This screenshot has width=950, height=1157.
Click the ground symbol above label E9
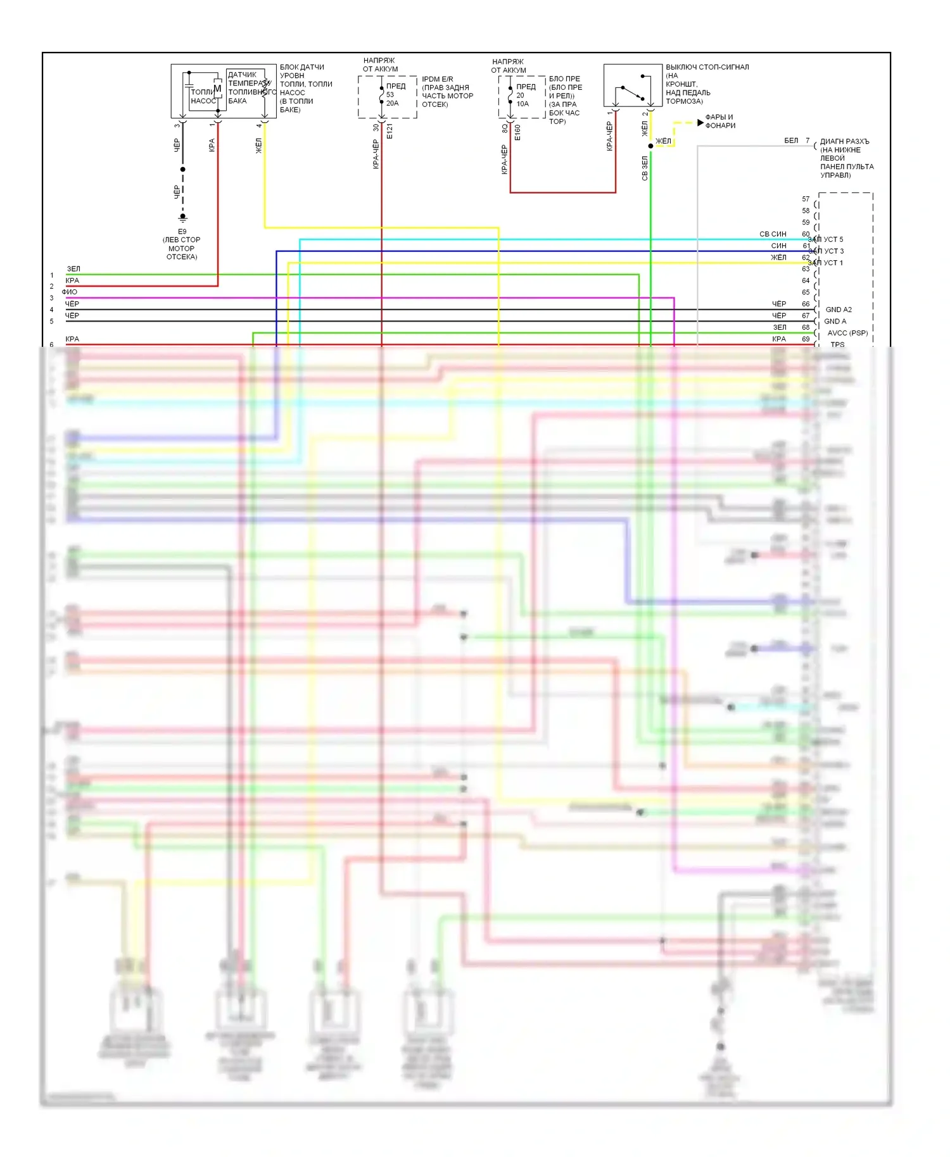(183, 218)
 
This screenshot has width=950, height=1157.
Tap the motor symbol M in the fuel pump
(217, 89)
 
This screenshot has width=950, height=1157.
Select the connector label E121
(389, 132)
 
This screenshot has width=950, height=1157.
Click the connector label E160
(517, 132)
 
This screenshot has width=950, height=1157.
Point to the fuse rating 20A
(393, 103)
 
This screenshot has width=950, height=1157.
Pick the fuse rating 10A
(522, 104)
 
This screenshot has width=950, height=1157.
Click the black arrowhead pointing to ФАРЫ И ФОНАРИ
(700, 122)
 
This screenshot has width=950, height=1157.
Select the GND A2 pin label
(839, 310)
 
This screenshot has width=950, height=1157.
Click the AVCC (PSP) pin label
(847, 333)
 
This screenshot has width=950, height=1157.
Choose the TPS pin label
(837, 344)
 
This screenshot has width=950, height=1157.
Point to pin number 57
(806, 199)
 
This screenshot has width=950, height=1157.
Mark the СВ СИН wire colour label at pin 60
(773, 234)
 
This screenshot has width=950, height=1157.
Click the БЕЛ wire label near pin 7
(791, 141)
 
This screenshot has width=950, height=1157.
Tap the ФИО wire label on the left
(70, 292)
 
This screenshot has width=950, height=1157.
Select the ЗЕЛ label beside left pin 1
(73, 269)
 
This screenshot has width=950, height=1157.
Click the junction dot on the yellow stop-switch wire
(650, 146)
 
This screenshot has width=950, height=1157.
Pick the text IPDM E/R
(438, 79)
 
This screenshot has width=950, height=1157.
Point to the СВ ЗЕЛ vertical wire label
(645, 168)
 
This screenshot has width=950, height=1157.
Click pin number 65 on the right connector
(806, 292)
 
